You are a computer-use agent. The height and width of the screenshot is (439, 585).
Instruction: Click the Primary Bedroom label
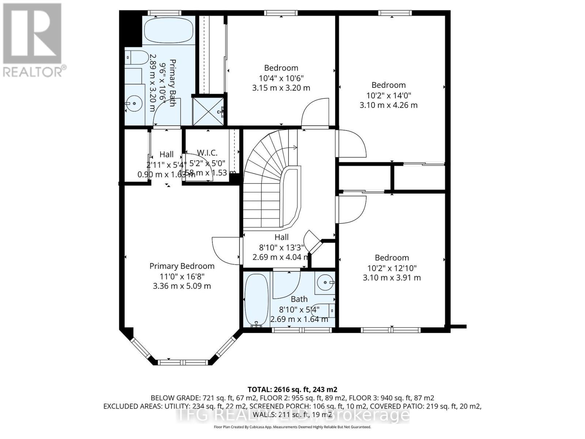tap(182, 266)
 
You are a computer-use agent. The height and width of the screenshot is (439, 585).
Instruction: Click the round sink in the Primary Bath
tap(135, 104)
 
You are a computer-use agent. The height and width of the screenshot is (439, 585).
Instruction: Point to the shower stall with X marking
tap(208, 110)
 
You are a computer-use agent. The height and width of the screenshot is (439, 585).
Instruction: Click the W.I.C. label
tap(207, 153)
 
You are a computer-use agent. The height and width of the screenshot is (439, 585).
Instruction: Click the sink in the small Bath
tap(325, 282)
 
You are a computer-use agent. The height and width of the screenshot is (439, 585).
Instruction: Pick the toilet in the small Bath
tap(328, 310)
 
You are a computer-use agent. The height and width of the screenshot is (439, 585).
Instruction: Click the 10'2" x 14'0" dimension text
tap(389, 95)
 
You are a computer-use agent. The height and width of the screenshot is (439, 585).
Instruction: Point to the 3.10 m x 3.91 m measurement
tap(392, 278)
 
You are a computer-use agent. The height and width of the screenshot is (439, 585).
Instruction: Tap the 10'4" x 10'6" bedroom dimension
tap(281, 78)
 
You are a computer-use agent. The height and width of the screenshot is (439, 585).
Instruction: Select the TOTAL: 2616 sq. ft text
tap(292, 389)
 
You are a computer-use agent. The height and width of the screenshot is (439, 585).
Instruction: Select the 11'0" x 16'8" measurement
tap(182, 276)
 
